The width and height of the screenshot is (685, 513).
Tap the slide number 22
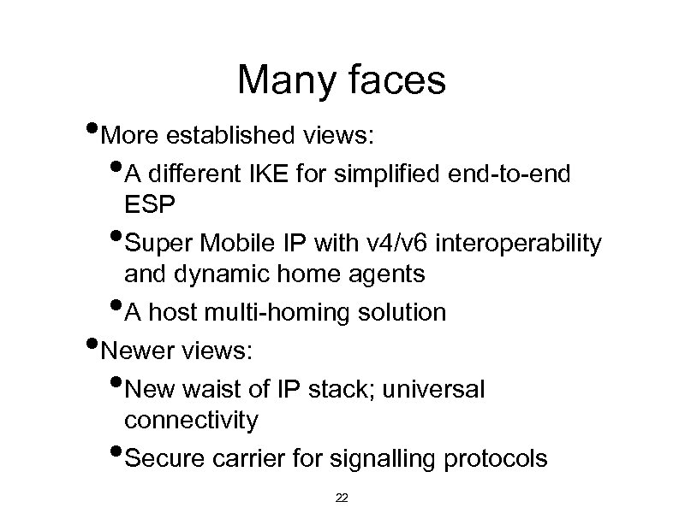[x=342, y=497]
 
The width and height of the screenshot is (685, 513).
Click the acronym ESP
[x=149, y=205]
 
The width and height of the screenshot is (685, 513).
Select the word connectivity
[x=190, y=420]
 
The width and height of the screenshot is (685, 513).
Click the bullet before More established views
[x=92, y=131]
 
